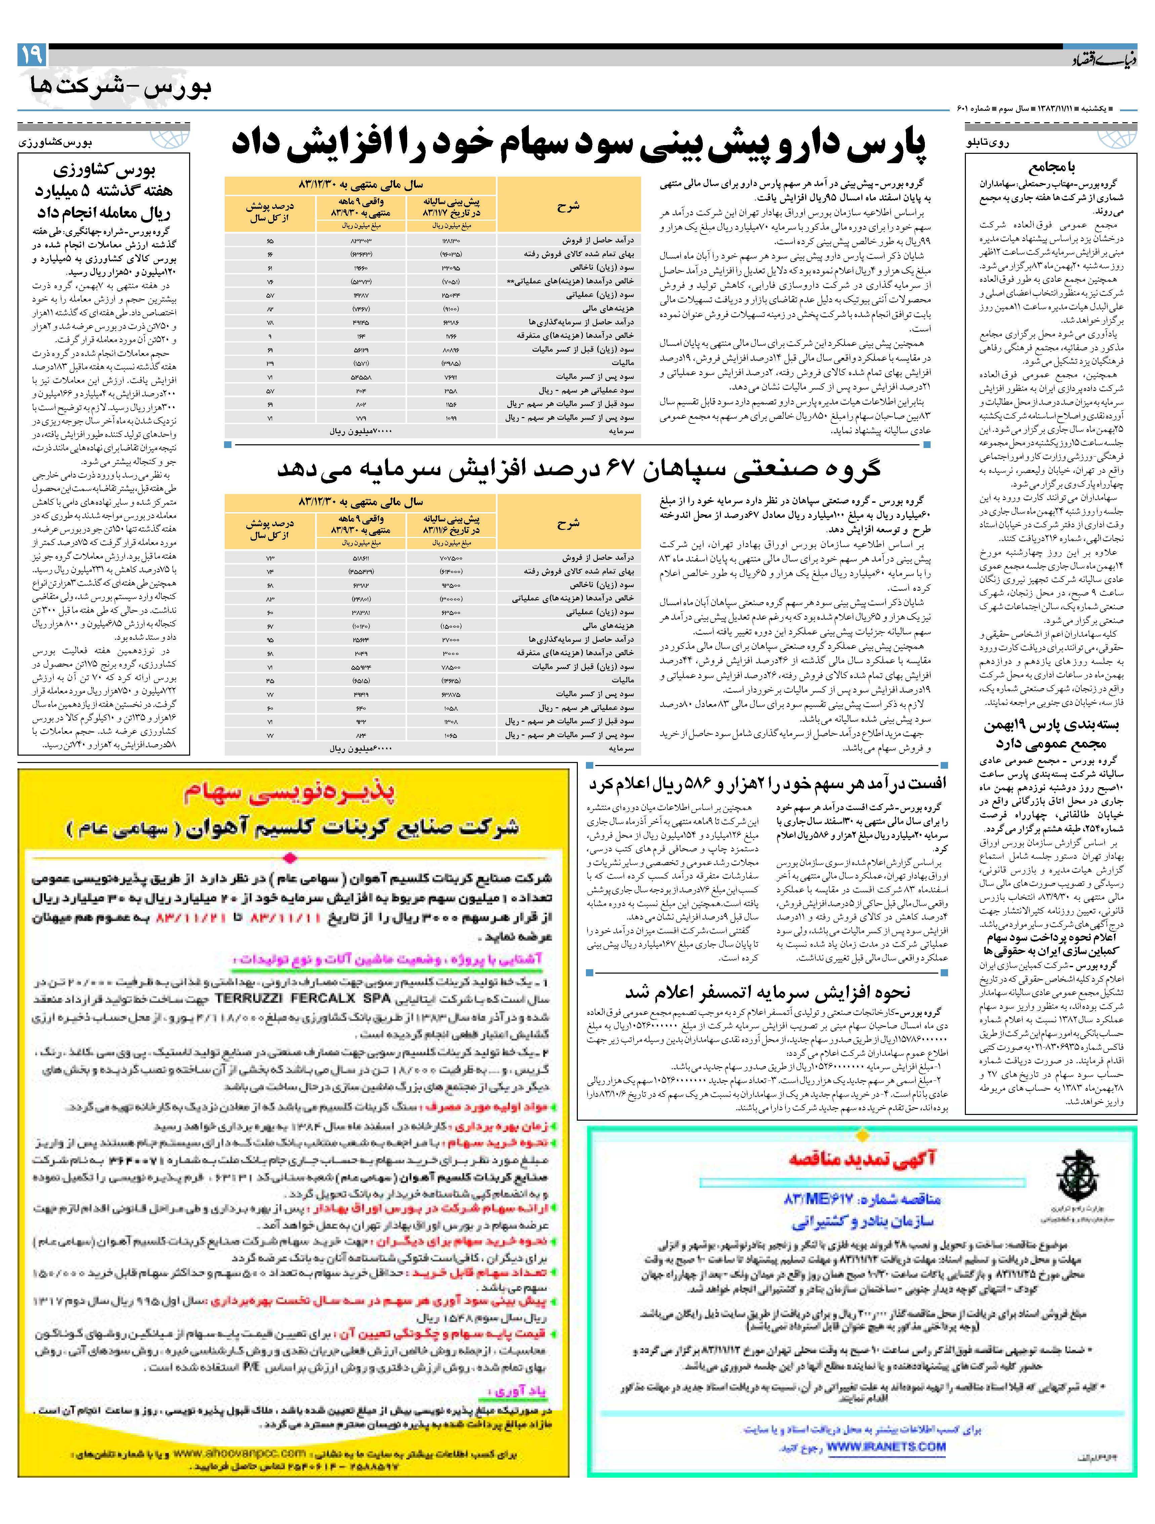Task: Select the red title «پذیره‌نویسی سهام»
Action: pos(290,794)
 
